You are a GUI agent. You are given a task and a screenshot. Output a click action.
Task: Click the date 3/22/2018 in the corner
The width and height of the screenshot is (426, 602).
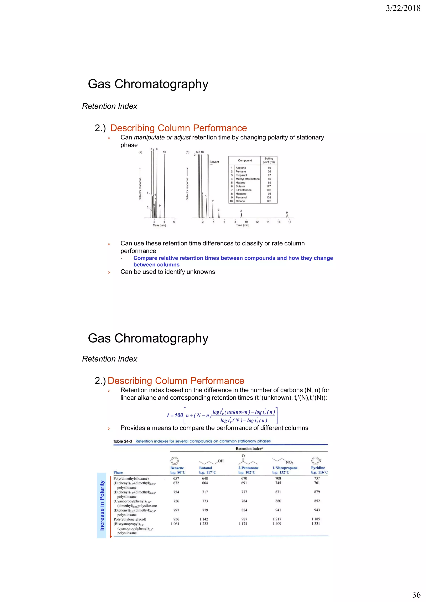tap(403, 8)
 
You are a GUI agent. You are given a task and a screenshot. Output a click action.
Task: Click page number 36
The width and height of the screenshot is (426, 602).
tap(416, 594)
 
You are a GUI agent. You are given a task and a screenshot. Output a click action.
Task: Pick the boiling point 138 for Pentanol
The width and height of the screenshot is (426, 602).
tap(269, 197)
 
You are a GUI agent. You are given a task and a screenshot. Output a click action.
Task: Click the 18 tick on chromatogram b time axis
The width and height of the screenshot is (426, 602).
tap(290, 222)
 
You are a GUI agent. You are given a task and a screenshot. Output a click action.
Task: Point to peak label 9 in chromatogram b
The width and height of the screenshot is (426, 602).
tap(287, 213)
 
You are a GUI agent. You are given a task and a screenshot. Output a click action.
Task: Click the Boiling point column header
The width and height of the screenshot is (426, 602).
tap(269, 160)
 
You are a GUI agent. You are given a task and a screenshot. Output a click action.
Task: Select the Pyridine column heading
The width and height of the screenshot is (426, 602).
tap(318, 468)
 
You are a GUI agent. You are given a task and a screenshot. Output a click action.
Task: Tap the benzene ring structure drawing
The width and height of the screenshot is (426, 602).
tap(175, 461)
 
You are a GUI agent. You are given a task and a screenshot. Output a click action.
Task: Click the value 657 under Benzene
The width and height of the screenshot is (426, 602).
tap(176, 478)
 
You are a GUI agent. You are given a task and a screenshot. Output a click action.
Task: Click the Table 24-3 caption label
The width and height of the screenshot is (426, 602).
tap(123, 441)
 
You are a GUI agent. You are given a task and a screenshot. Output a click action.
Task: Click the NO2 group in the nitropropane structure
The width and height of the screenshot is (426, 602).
tap(289, 462)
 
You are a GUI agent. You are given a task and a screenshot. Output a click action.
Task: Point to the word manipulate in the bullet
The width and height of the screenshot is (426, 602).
tap(149, 137)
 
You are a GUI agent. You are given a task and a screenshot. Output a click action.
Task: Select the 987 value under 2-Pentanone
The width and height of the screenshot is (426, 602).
tap(244, 519)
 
